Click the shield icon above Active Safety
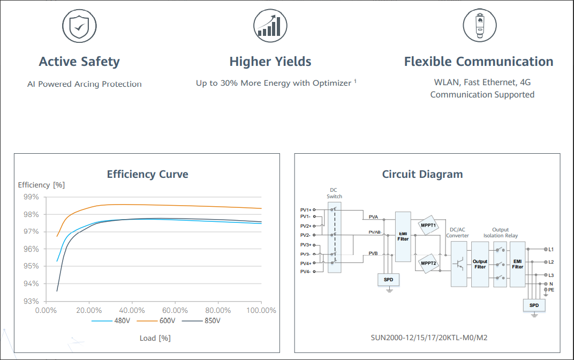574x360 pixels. coord(79,25)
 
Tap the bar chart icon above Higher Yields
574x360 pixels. coord(270,25)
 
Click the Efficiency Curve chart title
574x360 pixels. coord(147,174)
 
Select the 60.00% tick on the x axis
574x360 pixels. coord(175,310)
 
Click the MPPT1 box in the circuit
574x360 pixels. coord(428,225)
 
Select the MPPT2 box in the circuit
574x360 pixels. coord(428,263)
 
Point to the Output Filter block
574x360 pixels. coord(480,264)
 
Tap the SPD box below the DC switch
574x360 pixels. coord(389,280)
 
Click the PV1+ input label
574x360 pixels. coord(305,209)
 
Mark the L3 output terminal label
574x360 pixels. coord(550,275)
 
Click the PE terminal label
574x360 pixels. coord(551,289)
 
